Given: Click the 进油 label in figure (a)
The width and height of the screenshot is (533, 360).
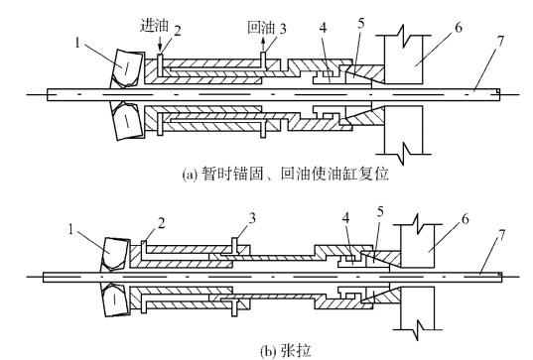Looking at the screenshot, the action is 154,26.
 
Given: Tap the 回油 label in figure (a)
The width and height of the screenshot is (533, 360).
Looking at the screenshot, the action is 261,27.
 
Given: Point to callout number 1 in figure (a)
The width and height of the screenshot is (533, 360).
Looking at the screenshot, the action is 77,43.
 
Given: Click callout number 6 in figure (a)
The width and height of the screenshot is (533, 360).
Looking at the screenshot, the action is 459,28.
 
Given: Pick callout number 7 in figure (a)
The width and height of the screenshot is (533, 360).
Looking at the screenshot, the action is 500,41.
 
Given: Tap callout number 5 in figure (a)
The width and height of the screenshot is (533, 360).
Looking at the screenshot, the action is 361,23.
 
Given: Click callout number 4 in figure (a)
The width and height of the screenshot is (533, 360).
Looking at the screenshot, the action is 324,28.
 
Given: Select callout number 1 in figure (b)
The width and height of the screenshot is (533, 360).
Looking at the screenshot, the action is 70,229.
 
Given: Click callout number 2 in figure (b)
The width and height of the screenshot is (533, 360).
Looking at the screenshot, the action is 161,223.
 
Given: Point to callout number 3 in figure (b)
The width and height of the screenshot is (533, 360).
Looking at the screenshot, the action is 252,218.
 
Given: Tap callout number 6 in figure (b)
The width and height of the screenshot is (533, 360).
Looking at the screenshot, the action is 466,219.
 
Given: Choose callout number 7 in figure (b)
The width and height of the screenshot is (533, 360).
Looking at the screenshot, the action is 501,235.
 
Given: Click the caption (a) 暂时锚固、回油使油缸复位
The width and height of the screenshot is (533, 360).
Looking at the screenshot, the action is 285,174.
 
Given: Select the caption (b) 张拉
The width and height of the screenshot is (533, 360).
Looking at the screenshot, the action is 286,351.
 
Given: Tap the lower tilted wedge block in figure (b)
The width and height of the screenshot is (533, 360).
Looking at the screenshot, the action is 115,300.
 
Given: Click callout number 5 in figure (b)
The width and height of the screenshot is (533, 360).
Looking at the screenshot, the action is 380,211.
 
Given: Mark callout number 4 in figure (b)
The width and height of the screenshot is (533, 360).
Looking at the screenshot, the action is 346,218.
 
